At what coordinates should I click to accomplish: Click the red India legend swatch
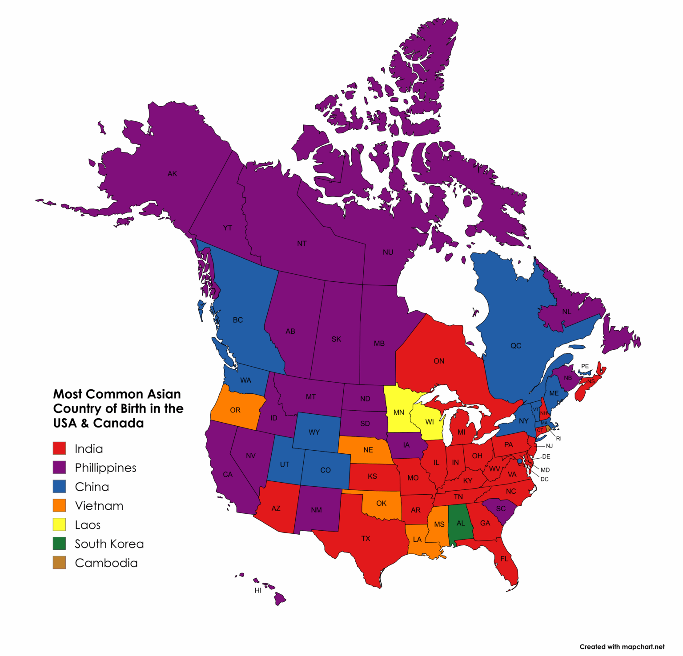(x=59, y=448)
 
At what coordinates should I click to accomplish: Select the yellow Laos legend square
(x=59, y=524)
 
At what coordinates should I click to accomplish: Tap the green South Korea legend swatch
(x=59, y=544)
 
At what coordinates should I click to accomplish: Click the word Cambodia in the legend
(x=106, y=563)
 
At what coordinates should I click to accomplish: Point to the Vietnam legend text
(x=99, y=506)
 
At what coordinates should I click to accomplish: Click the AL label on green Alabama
(x=461, y=523)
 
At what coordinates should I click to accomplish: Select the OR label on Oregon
(x=235, y=410)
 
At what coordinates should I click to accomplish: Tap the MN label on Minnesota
(x=399, y=412)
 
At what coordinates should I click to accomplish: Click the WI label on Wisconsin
(x=430, y=422)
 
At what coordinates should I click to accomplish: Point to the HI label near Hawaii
(x=258, y=590)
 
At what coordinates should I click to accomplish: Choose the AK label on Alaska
(x=172, y=174)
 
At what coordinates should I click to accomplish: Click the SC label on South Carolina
(x=501, y=508)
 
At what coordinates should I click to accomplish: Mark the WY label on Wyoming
(x=314, y=432)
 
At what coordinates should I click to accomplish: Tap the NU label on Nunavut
(x=388, y=252)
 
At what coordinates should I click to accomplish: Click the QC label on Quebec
(x=516, y=345)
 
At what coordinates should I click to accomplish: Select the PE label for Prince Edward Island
(x=585, y=366)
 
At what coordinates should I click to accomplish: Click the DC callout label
(x=544, y=479)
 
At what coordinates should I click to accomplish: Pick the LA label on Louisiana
(x=417, y=539)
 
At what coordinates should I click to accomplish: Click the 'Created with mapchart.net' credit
(x=622, y=647)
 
